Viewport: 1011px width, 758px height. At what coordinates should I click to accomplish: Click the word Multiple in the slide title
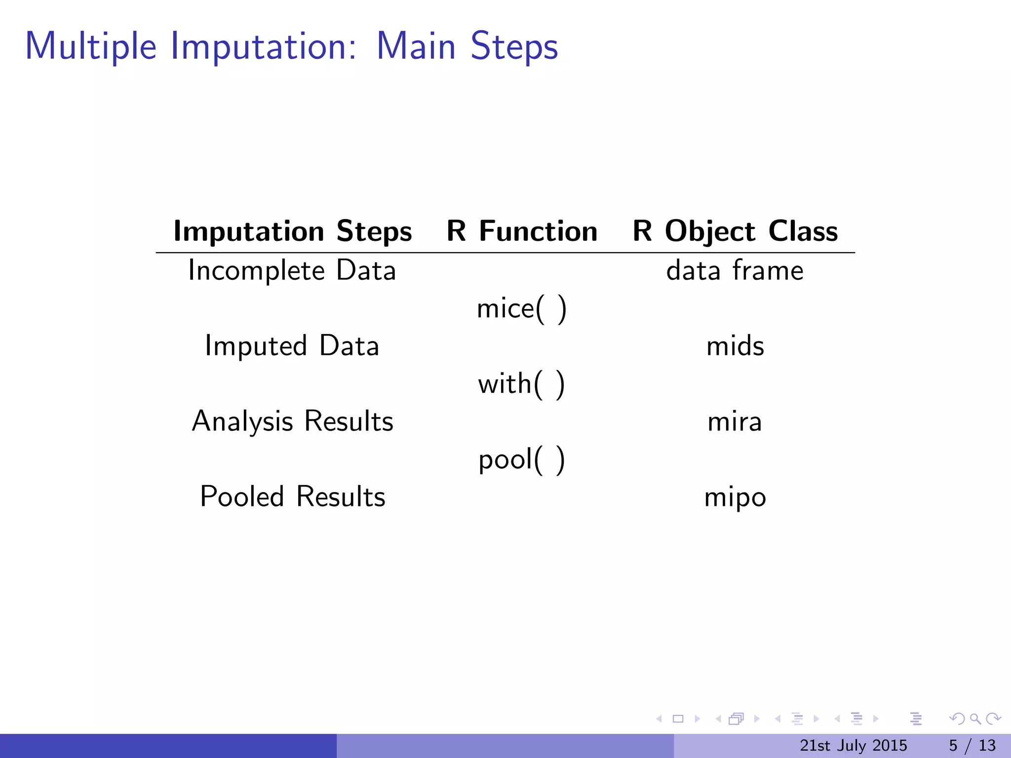coord(91,47)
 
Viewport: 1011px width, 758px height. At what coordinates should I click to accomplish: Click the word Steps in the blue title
coord(514,47)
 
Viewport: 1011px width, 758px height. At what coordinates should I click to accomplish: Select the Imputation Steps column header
coord(292,231)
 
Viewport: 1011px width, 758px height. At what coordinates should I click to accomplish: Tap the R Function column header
coord(522,231)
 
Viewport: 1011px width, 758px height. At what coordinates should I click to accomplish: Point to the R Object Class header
coord(735,231)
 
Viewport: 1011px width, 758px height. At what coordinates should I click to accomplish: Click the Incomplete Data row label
coord(292,270)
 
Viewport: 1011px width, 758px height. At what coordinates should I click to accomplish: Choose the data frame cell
coord(735,270)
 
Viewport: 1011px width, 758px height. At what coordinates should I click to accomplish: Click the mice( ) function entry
coord(521,309)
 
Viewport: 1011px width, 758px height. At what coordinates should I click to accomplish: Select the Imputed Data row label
coord(292,346)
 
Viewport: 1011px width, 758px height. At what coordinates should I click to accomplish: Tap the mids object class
coord(735,346)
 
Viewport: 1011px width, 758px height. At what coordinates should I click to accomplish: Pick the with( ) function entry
coord(521,384)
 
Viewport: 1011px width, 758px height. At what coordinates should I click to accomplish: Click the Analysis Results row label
coord(292,421)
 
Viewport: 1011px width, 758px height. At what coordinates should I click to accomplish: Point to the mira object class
coord(735,422)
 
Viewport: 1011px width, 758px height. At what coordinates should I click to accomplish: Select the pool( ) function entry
coord(521,460)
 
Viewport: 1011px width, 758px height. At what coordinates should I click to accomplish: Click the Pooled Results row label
coord(292,496)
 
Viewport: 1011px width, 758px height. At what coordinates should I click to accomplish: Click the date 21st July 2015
coord(853,745)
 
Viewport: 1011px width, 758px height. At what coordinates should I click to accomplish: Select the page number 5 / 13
coord(972,745)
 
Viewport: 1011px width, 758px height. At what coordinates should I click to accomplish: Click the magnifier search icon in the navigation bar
coord(975,719)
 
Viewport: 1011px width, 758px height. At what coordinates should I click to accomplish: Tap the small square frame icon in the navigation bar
coord(678,719)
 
